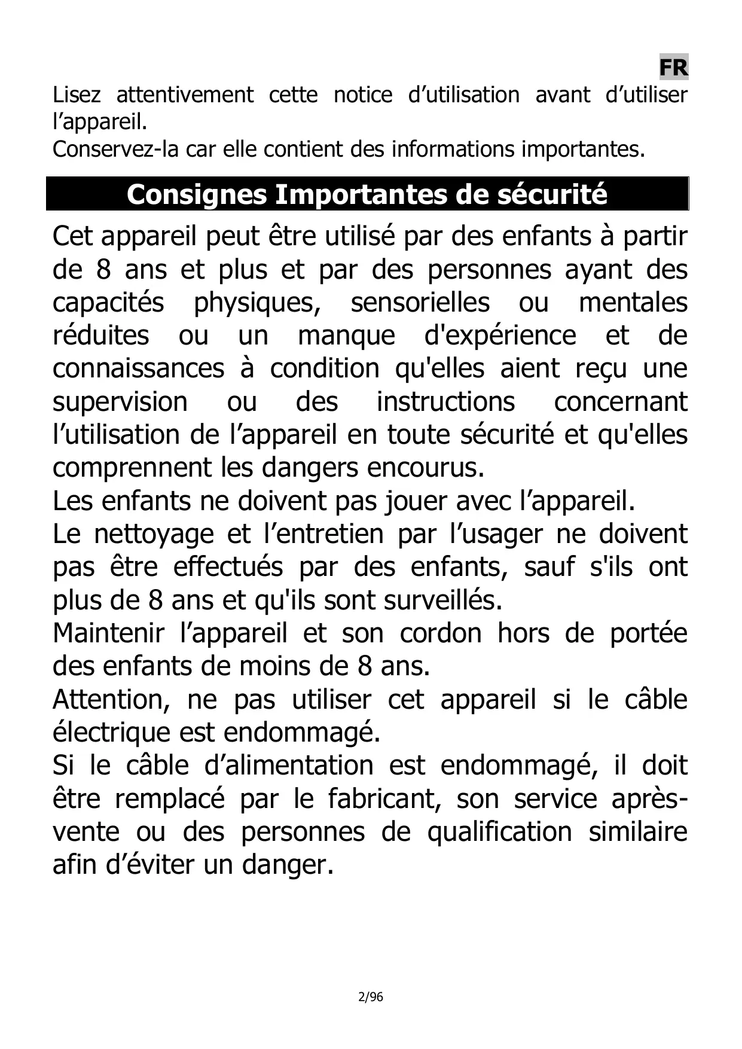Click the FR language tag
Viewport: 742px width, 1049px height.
pyautogui.click(x=673, y=68)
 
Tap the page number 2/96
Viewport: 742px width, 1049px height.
pyautogui.click(x=370, y=997)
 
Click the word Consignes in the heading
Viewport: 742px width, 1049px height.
pyautogui.click(x=197, y=194)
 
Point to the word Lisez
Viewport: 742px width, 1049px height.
pyautogui.click(x=77, y=94)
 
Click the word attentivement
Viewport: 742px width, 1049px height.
pyautogui.click(x=185, y=94)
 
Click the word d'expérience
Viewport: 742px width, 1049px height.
pyautogui.click(x=500, y=335)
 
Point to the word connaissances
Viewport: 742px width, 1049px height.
pyautogui.click(x=138, y=368)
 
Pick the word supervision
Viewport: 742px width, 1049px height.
pyautogui.click(x=120, y=401)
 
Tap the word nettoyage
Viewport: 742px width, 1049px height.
pyautogui.click(x=154, y=533)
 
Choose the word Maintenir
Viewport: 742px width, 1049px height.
pyautogui.click(x=108, y=633)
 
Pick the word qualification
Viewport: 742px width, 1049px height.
pyautogui.click(x=500, y=831)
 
